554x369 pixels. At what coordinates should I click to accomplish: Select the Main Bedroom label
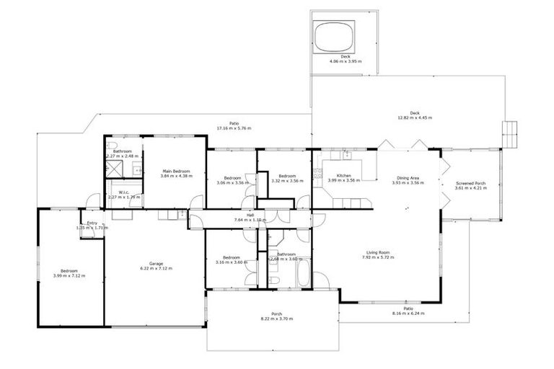pos(176,171)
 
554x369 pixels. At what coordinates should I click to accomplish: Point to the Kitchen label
pos(343,176)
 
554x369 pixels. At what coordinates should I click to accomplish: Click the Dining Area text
pos(408,178)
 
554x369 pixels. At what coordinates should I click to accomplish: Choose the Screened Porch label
pos(470,184)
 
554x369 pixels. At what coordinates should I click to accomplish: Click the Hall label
pos(250,215)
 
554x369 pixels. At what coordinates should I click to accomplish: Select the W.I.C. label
pos(123,192)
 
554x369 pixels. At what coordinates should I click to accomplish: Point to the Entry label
pos(92,223)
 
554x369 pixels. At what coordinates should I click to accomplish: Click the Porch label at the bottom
pos(276,314)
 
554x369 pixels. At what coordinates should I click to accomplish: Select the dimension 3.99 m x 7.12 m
pos(69,275)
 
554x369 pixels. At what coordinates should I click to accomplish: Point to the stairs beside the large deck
pos(511,133)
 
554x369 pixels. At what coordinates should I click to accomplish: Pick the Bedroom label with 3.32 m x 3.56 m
pos(288,176)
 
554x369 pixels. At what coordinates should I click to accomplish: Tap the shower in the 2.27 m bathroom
pos(115,169)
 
